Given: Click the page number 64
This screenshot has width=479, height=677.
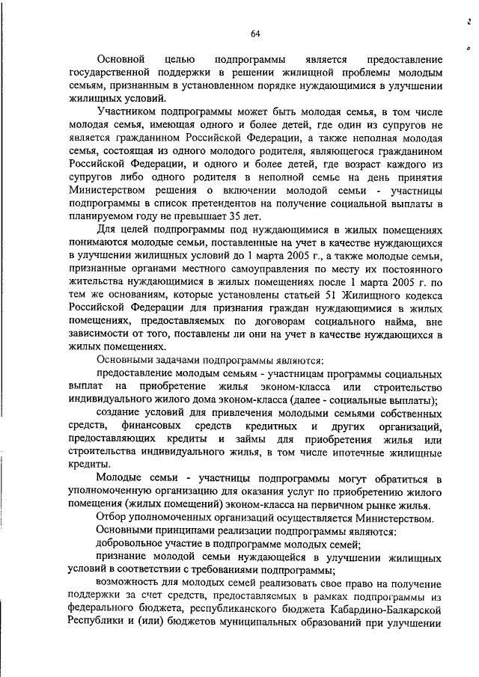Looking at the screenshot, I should [x=254, y=33].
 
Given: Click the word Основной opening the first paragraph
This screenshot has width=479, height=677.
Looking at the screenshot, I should [x=122, y=59].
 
